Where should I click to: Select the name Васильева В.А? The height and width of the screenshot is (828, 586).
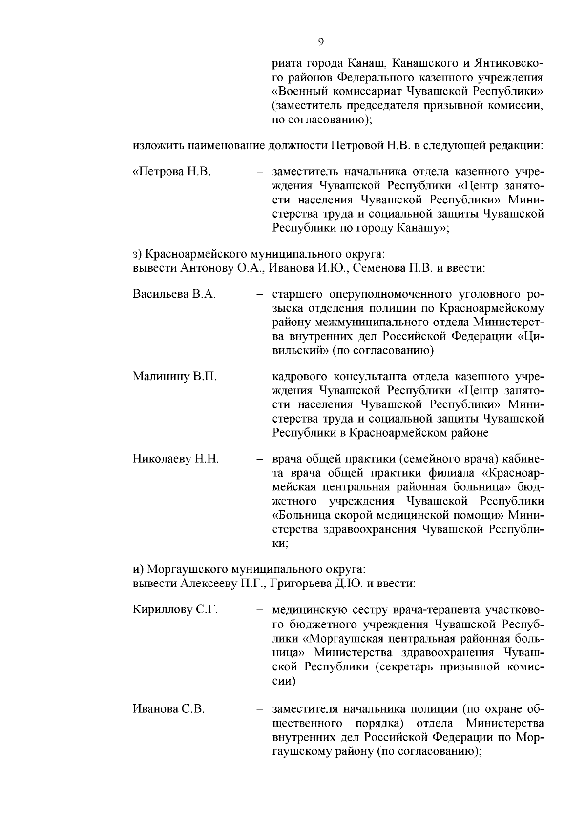(174, 294)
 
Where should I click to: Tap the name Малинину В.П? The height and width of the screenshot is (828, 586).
(175, 376)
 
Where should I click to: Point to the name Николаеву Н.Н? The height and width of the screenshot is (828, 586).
(176, 459)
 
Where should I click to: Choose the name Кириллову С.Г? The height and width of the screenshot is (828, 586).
(175, 610)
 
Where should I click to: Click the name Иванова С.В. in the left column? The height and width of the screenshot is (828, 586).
(168, 709)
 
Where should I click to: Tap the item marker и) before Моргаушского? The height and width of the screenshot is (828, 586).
(138, 569)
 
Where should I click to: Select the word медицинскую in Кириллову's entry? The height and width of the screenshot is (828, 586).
(309, 610)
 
